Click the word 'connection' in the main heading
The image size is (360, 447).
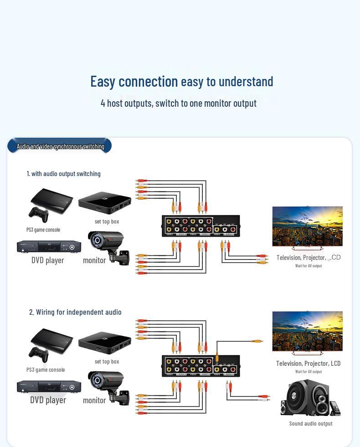click(x=148, y=81)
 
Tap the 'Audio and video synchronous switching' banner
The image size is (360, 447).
click(x=60, y=146)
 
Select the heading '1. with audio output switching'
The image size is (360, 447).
click(x=63, y=173)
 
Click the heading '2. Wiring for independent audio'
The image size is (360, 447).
click(x=75, y=312)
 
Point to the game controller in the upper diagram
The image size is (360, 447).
click(x=38, y=214)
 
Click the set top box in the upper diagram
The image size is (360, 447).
click(x=104, y=203)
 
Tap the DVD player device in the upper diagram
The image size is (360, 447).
click(x=49, y=247)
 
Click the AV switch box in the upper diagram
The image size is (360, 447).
click(x=201, y=226)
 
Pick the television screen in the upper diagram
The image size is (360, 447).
click(x=307, y=226)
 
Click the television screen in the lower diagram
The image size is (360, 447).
click(x=307, y=332)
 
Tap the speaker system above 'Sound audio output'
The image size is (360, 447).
click(x=310, y=399)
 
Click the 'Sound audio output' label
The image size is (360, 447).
click(x=311, y=423)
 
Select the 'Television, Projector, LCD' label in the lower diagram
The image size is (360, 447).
click(x=308, y=363)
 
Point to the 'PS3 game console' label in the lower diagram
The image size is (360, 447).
click(x=46, y=369)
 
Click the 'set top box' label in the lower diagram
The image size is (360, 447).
click(x=107, y=361)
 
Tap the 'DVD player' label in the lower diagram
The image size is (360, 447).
click(x=48, y=400)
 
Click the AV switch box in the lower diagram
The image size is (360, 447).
click(x=201, y=366)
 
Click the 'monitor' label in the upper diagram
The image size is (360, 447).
click(x=94, y=260)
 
